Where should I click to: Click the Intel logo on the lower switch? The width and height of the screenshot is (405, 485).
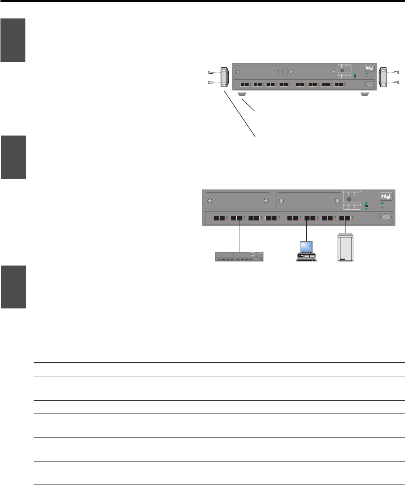(x=386, y=197)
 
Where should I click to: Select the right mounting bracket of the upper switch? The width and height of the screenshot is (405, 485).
(x=383, y=77)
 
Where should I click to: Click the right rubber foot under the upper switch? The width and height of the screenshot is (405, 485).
(x=364, y=94)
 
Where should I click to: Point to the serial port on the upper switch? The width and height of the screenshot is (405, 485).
(x=369, y=84)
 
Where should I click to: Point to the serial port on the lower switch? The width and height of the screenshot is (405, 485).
(x=385, y=219)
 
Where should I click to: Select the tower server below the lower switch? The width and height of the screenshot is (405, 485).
(x=345, y=248)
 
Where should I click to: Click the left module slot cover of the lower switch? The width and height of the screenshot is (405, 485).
(x=238, y=201)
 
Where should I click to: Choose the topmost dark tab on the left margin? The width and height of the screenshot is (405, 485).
(x=12, y=41)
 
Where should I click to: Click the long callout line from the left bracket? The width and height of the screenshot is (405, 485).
(x=240, y=112)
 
